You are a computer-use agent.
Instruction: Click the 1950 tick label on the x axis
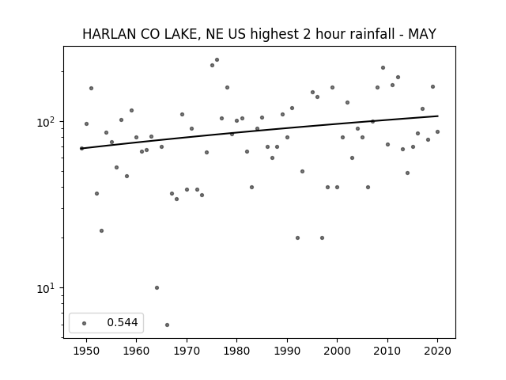(x=86, y=351)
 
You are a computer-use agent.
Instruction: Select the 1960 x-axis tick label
(x=136, y=351)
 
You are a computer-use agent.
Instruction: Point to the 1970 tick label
(x=187, y=351)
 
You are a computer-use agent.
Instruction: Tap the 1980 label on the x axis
(x=236, y=351)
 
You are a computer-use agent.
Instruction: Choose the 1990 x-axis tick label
(x=287, y=351)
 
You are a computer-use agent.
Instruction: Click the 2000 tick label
(x=337, y=351)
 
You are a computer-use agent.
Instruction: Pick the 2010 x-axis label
(x=387, y=351)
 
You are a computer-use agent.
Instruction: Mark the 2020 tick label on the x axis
(x=437, y=351)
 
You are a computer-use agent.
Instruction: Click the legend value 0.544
(x=123, y=322)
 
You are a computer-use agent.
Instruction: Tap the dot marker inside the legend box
(x=85, y=323)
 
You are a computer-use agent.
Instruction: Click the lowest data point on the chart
(x=167, y=325)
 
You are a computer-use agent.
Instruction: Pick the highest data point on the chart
(x=217, y=60)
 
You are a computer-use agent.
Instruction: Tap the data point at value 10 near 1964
(x=157, y=287)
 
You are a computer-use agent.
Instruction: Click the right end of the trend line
(x=438, y=116)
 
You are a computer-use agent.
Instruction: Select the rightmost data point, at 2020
(x=437, y=132)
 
